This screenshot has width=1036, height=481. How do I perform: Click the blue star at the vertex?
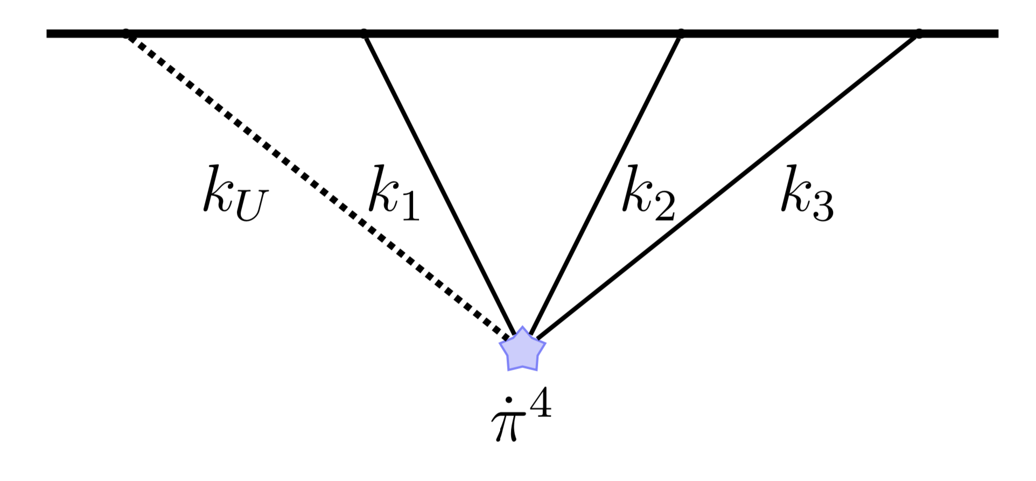[522, 350]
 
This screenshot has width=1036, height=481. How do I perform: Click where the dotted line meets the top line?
[126, 33]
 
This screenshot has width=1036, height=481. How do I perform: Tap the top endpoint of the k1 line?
[365, 33]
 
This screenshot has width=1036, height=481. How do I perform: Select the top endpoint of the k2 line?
[680, 33]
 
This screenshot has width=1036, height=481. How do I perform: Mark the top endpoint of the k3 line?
[918, 33]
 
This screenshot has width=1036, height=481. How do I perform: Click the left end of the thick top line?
[48, 33]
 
